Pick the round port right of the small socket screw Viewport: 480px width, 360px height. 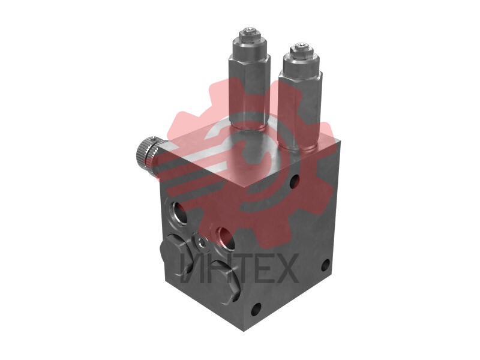226,237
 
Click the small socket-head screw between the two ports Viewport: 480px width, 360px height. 201,243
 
